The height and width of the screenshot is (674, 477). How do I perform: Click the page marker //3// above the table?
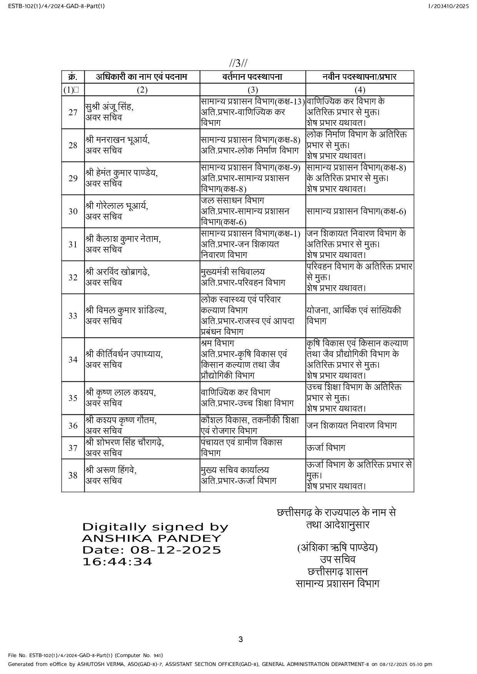238,63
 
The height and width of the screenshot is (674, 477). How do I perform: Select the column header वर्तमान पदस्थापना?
252,77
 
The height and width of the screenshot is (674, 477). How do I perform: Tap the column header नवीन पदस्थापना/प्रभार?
359,77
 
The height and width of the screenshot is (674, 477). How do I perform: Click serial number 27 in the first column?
73,113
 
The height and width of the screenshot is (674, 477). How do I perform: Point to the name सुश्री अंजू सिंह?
109,107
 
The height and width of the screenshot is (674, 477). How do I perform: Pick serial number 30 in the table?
73,212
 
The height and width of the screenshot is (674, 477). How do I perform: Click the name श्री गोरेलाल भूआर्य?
117,206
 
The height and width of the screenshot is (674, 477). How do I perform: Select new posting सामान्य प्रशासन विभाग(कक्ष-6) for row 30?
356,212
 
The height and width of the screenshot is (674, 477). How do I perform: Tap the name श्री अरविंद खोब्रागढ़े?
118,272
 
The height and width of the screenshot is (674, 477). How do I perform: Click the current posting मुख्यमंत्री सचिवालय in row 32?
233,272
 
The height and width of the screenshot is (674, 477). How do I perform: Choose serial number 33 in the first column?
73,316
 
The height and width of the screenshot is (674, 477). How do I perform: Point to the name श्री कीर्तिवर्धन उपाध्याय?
124,354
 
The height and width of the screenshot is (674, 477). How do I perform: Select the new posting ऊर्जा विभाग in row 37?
326,448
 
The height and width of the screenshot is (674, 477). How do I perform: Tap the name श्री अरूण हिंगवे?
111,470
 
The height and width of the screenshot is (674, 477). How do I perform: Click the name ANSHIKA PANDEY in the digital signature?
152,538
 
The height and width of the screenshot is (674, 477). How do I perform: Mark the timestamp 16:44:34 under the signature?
117,562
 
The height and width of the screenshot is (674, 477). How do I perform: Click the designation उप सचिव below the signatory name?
337,560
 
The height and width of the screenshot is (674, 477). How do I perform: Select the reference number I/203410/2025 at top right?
449,6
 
